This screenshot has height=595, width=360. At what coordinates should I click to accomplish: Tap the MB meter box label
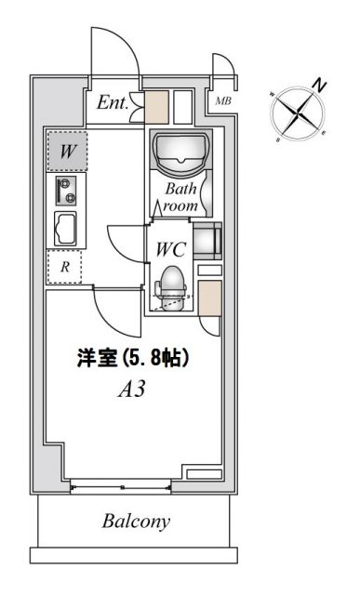[x=223, y=100]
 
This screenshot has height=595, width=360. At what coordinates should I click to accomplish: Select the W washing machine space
[x=67, y=152]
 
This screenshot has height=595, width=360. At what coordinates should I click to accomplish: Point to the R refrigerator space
[x=64, y=267]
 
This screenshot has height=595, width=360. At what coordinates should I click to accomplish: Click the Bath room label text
[x=182, y=197]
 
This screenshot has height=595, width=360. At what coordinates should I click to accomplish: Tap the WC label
[x=172, y=250]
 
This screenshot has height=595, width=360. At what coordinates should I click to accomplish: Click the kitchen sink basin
[x=66, y=228]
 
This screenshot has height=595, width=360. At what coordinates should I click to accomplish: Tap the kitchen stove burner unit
[x=65, y=192]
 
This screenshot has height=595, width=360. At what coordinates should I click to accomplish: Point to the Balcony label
[x=136, y=522]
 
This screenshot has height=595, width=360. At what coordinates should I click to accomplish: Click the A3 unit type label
[x=129, y=390]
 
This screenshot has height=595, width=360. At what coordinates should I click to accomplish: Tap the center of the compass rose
[x=298, y=113]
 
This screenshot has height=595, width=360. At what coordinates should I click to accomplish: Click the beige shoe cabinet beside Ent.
[x=155, y=107]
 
